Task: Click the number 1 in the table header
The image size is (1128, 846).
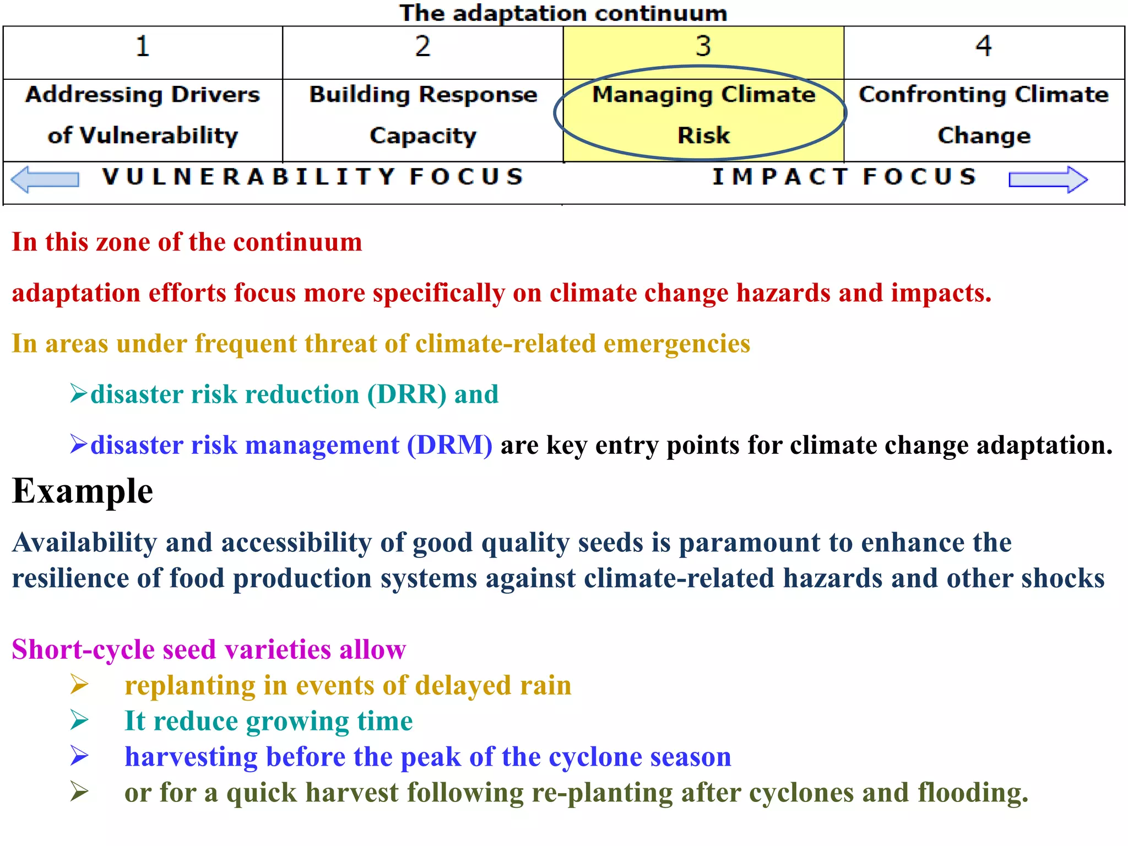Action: click(x=143, y=46)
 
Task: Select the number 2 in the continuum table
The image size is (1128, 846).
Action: click(x=422, y=46)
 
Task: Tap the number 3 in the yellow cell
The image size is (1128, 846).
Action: click(x=703, y=46)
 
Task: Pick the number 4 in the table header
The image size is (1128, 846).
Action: click(x=984, y=46)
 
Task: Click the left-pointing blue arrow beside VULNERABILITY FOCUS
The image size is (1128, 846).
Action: click(x=45, y=180)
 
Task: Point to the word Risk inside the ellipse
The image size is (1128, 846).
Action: click(x=703, y=135)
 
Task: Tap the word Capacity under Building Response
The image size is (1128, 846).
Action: click(x=422, y=135)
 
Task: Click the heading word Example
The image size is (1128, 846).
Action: click(x=83, y=491)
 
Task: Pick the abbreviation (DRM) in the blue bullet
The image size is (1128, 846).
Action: click(x=449, y=445)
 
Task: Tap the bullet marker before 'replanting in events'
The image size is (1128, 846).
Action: click(x=79, y=685)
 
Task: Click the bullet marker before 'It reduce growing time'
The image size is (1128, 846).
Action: click(x=79, y=720)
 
